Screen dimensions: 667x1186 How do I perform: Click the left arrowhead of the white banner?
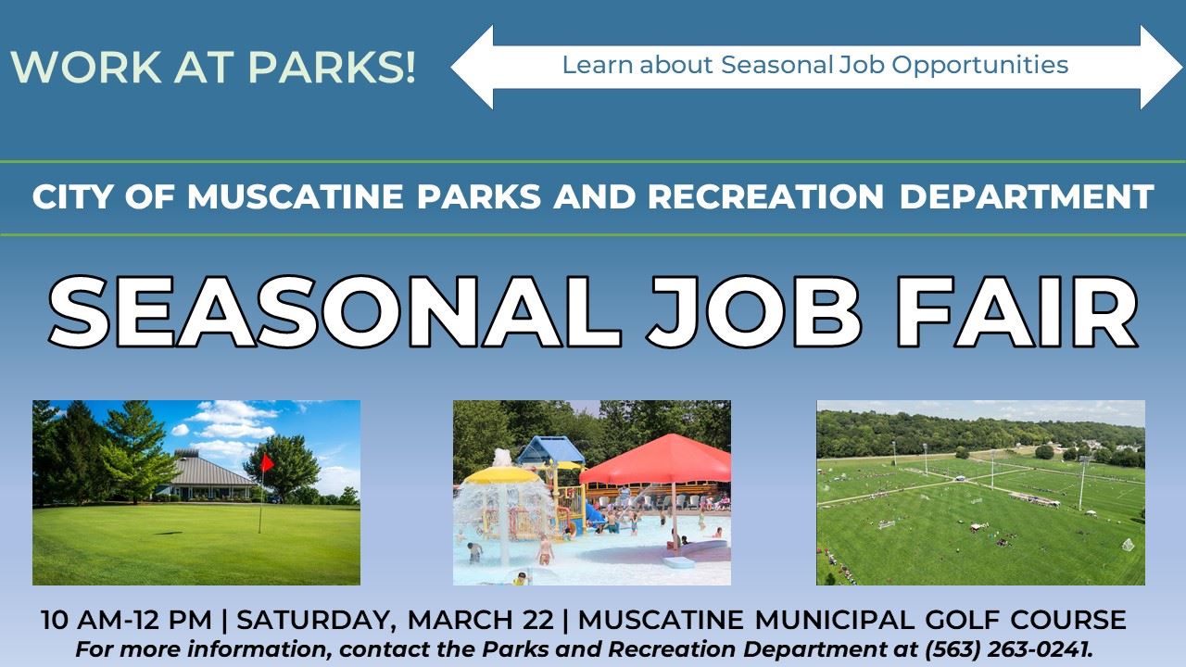[473, 67]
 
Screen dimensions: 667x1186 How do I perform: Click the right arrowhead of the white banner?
[1162, 67]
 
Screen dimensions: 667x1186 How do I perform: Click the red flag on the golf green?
[267, 461]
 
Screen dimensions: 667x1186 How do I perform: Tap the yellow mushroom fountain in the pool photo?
[501, 475]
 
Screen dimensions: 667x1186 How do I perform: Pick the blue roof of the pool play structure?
[549, 450]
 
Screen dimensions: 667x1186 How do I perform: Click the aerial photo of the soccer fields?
[980, 492]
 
